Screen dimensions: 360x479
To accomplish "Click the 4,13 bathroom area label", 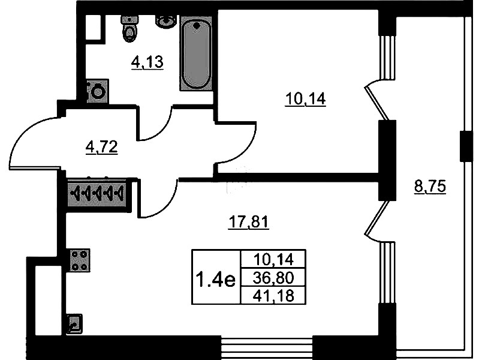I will pyautogui.click(x=147, y=62).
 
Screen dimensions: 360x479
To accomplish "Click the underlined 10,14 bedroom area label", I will pyautogui.click(x=305, y=99).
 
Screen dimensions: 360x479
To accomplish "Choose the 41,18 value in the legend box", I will pyautogui.click(x=273, y=295).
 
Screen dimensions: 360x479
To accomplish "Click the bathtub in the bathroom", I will pyautogui.click(x=196, y=54).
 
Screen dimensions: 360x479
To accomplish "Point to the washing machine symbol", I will pyautogui.click(x=97, y=91).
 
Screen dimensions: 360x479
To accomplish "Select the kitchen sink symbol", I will pyautogui.click(x=75, y=325).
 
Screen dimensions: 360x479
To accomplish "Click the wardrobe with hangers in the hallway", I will pyautogui.click(x=97, y=193).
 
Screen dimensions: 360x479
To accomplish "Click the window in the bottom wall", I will pyautogui.click(x=267, y=346).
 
